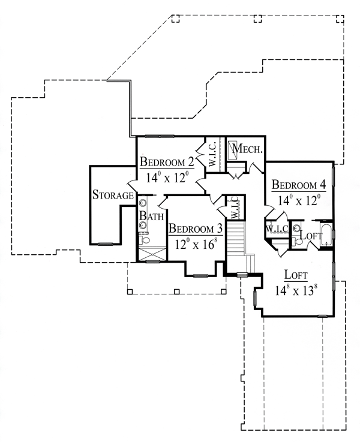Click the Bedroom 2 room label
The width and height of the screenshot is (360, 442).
pyautogui.click(x=166, y=161)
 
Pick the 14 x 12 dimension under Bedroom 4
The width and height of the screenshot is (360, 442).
pyautogui.click(x=298, y=199)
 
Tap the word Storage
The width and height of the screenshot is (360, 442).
pyautogui.click(x=112, y=196)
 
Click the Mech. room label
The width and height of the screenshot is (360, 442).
pyautogui.click(x=247, y=149)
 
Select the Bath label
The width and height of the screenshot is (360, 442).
pyautogui.click(x=151, y=215)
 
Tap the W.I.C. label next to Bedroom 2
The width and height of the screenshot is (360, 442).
pyautogui.click(x=212, y=154)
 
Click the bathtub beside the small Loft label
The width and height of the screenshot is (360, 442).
pyautogui.click(x=326, y=236)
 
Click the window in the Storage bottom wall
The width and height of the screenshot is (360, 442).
pyautogui.click(x=106, y=243)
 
